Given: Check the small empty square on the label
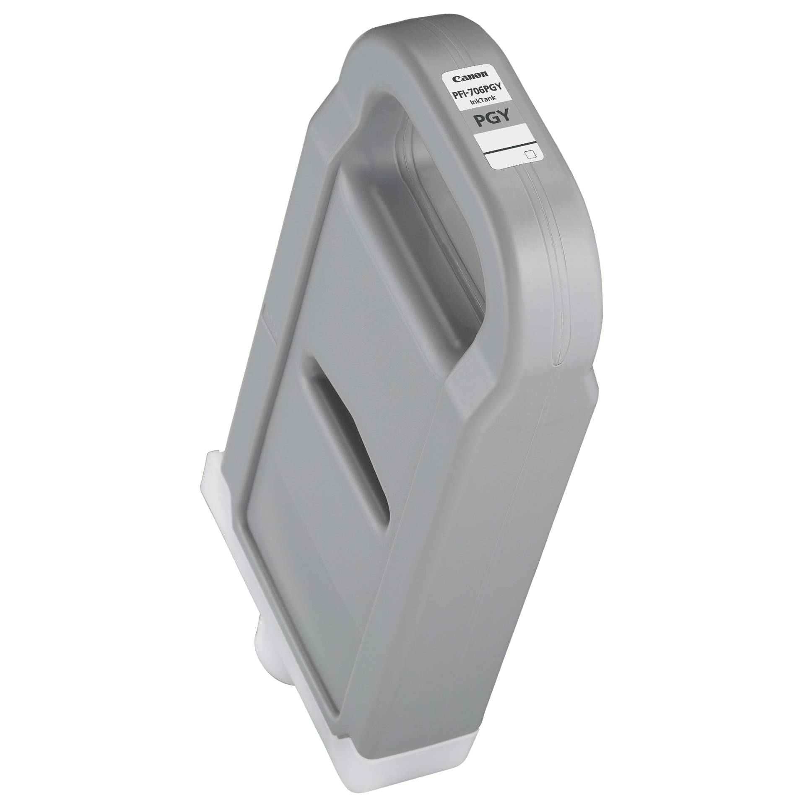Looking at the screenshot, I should pyautogui.click(x=530, y=155).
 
